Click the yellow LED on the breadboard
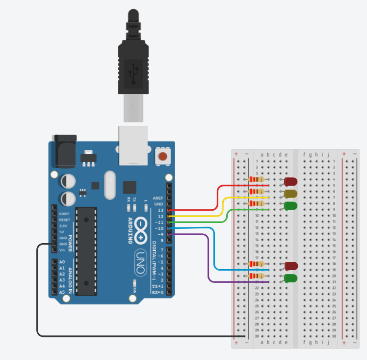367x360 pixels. [290, 194]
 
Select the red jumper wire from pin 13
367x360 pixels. [218, 196]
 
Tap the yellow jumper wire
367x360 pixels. [223, 206]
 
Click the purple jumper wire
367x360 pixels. [210, 260]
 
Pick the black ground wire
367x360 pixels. [37, 295]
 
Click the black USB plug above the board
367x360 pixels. [132, 64]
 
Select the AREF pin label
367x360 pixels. [158, 198]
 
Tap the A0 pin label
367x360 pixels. [62, 262]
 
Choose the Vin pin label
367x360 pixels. [61, 250]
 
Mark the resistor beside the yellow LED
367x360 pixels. [256, 192]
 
